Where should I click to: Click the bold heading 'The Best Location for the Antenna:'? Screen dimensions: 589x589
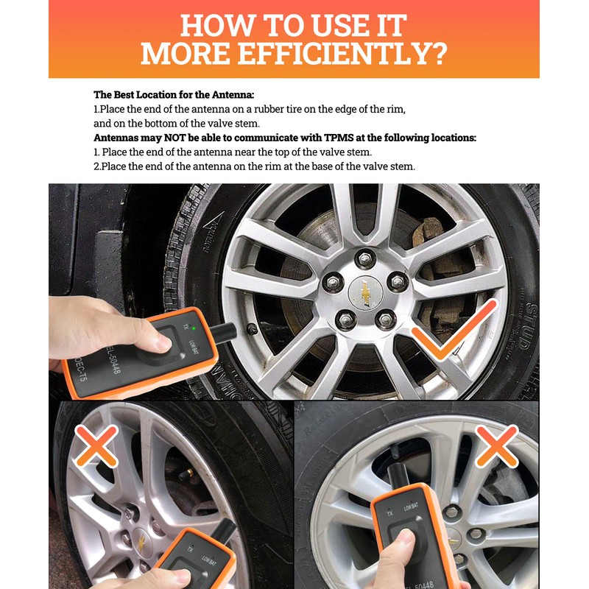(x=174, y=95)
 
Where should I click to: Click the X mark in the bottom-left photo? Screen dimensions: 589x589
(x=96, y=446)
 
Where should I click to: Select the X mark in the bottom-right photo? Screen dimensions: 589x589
(x=496, y=445)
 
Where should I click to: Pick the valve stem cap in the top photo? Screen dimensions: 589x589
(x=253, y=327)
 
